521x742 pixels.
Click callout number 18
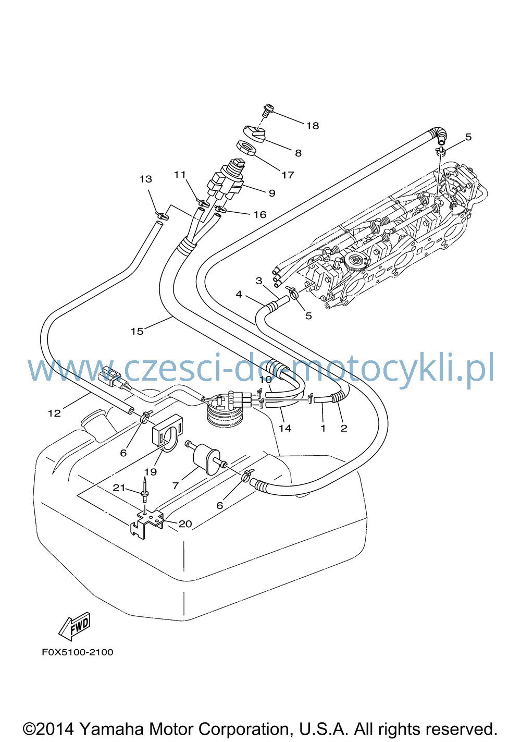(x=313, y=126)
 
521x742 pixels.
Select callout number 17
(x=288, y=175)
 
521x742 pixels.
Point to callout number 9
(x=272, y=193)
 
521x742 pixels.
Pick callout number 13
(x=146, y=179)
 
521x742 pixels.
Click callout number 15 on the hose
(x=137, y=331)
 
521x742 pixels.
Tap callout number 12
(x=54, y=413)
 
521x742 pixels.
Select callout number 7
(x=176, y=485)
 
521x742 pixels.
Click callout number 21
(x=119, y=488)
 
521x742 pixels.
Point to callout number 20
(x=185, y=524)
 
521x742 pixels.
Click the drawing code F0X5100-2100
(x=78, y=661)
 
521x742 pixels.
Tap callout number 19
(x=151, y=471)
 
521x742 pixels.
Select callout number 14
(x=284, y=428)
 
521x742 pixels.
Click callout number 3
(x=259, y=281)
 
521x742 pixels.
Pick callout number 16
(x=260, y=215)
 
